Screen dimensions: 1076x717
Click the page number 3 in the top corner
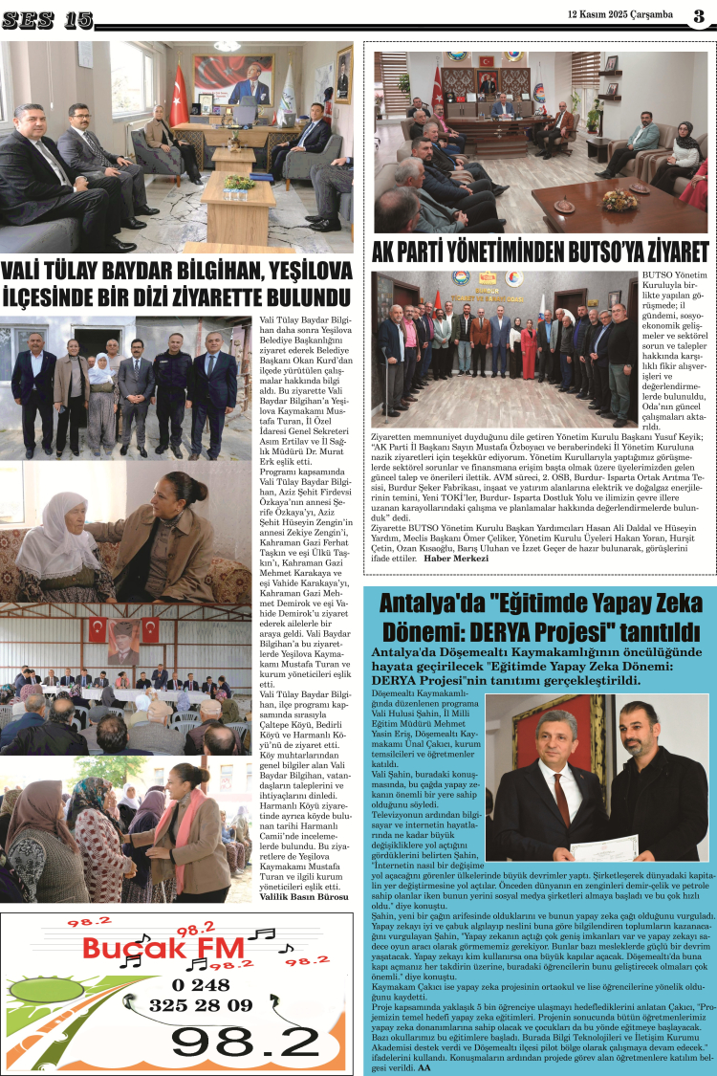click(699, 16)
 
